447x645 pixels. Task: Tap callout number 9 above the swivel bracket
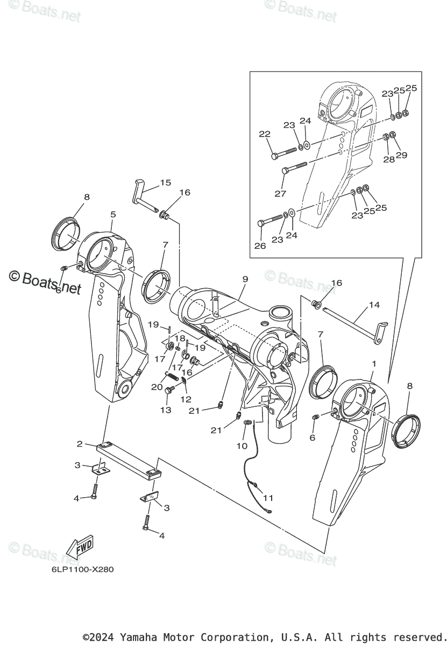pyautogui.click(x=245, y=279)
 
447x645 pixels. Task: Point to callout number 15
pyautogui.click(x=165, y=183)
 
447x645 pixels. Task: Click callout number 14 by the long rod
pyautogui.click(x=374, y=305)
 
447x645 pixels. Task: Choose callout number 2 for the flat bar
pyautogui.click(x=80, y=444)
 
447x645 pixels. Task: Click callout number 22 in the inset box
pyautogui.click(x=264, y=134)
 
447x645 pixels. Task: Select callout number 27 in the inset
pyautogui.click(x=280, y=193)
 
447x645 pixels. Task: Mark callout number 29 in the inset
pyautogui.click(x=401, y=155)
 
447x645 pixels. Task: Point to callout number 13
pyautogui.click(x=166, y=410)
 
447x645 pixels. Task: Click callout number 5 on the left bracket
pyautogui.click(x=113, y=214)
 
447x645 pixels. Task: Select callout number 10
pyautogui.click(x=242, y=446)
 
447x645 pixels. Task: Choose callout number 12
pyautogui.click(x=187, y=399)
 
